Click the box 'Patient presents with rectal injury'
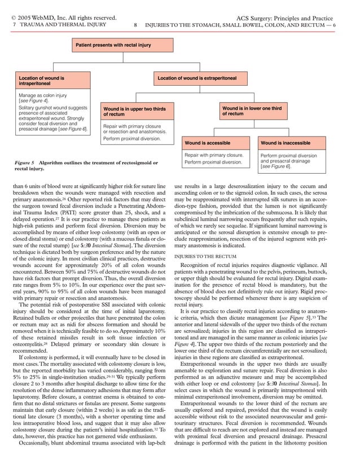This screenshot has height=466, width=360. [x=113, y=44]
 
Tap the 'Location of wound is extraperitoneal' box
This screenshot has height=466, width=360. [x=196, y=77]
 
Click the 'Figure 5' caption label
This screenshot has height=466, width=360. [x=24, y=162]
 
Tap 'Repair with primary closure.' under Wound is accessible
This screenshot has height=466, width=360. [x=214, y=155]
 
